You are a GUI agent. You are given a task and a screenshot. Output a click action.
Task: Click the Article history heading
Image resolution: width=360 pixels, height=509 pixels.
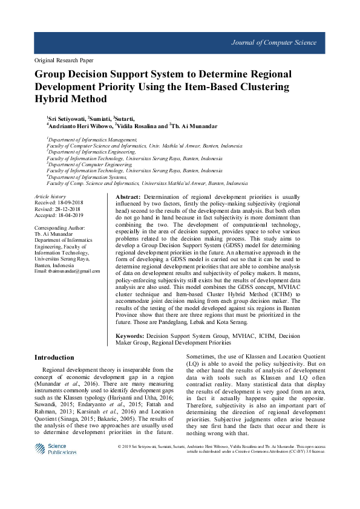[x=50, y=197]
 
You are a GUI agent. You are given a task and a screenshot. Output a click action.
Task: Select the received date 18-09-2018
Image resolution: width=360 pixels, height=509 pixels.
[x=68, y=203]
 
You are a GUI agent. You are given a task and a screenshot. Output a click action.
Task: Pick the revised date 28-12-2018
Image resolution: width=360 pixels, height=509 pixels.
[x=66, y=209]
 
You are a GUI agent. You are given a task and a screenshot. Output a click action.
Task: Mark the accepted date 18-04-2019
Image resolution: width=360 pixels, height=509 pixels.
[x=68, y=215]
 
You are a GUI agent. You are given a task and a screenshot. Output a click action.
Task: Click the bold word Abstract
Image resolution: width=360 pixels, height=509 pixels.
[x=127, y=198]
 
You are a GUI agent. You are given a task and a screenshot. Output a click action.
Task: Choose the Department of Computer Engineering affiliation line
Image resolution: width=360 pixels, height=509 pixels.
[x=90, y=164]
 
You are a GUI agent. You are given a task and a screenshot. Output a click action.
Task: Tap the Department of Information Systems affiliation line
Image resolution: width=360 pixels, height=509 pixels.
[x=88, y=177]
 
